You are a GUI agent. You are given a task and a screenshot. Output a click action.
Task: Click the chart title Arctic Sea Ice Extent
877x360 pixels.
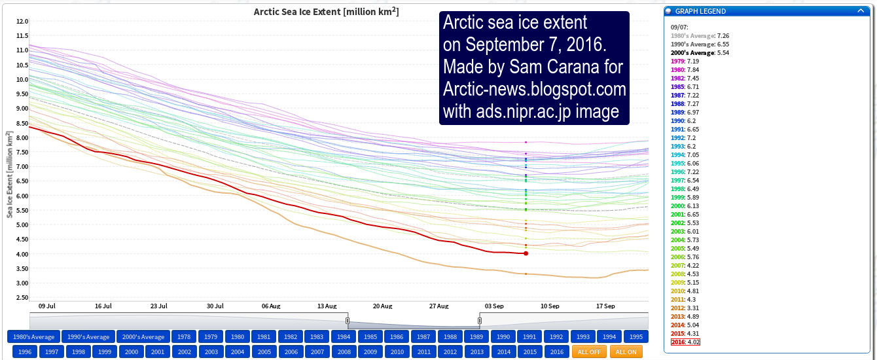tap(326, 12)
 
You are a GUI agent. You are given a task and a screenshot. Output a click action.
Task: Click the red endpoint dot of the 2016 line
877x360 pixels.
tap(526, 253)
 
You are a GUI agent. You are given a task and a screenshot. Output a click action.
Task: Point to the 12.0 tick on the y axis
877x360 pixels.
tap(22, 22)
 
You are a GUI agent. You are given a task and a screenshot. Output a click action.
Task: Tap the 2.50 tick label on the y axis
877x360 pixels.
tap(22, 298)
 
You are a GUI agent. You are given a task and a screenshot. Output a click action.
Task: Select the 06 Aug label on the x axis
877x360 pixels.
tap(271, 306)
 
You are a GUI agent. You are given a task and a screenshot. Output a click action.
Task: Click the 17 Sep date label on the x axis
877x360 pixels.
tap(605, 306)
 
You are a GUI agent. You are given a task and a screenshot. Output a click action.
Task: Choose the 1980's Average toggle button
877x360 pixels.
tap(34, 336)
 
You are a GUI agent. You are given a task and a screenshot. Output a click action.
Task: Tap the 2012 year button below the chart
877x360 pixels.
tap(450, 351)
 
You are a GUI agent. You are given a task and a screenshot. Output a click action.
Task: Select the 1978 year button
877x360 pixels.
tap(184, 336)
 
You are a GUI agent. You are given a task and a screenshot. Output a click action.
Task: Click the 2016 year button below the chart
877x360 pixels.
tap(556, 351)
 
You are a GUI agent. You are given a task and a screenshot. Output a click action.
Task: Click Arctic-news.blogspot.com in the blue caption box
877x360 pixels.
tap(534, 88)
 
